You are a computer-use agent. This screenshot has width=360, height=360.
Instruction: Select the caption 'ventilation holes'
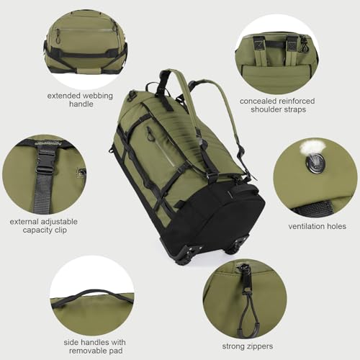[317, 226]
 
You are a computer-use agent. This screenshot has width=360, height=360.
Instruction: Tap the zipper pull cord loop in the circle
[246, 302]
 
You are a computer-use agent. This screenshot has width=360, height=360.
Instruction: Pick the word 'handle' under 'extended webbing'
[81, 104]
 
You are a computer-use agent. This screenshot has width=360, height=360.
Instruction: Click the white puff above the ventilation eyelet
[310, 147]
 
